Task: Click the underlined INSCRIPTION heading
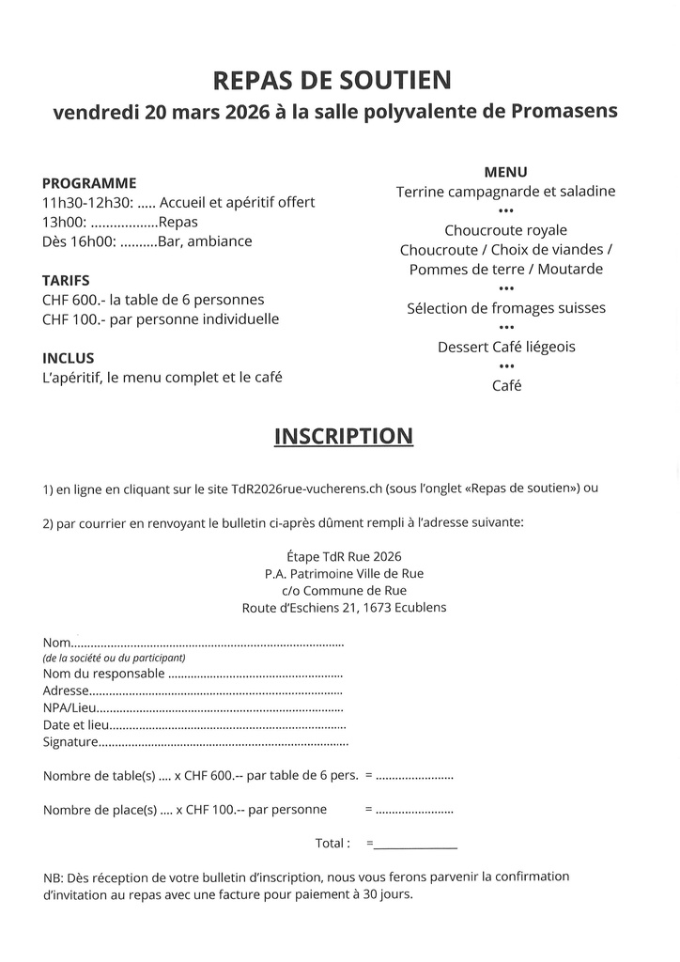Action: pos(343,436)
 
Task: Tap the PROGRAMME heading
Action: pos(89,183)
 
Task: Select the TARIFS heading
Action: pos(66,280)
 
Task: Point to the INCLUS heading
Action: pos(69,358)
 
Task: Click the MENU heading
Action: pos(505,172)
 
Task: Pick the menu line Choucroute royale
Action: pos(505,230)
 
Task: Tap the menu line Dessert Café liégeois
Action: pos(505,347)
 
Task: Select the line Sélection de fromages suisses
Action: pos(505,308)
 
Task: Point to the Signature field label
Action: pos(70,743)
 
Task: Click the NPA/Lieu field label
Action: pos(70,707)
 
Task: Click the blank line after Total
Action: pos(415,844)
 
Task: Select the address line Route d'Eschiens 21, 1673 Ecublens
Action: pos(344,608)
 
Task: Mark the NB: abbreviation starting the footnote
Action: pos(53,877)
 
